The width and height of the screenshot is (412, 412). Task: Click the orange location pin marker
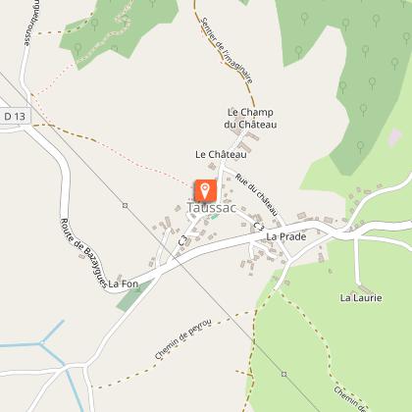click(205, 189)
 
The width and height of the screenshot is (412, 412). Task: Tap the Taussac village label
click(209, 209)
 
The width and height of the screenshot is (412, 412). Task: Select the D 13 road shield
click(13, 117)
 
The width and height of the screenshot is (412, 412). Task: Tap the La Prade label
click(285, 236)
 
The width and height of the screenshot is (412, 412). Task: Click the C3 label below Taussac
click(183, 239)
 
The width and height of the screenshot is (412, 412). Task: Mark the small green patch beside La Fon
click(130, 297)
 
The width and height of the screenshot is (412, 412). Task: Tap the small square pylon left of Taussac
click(125, 205)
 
